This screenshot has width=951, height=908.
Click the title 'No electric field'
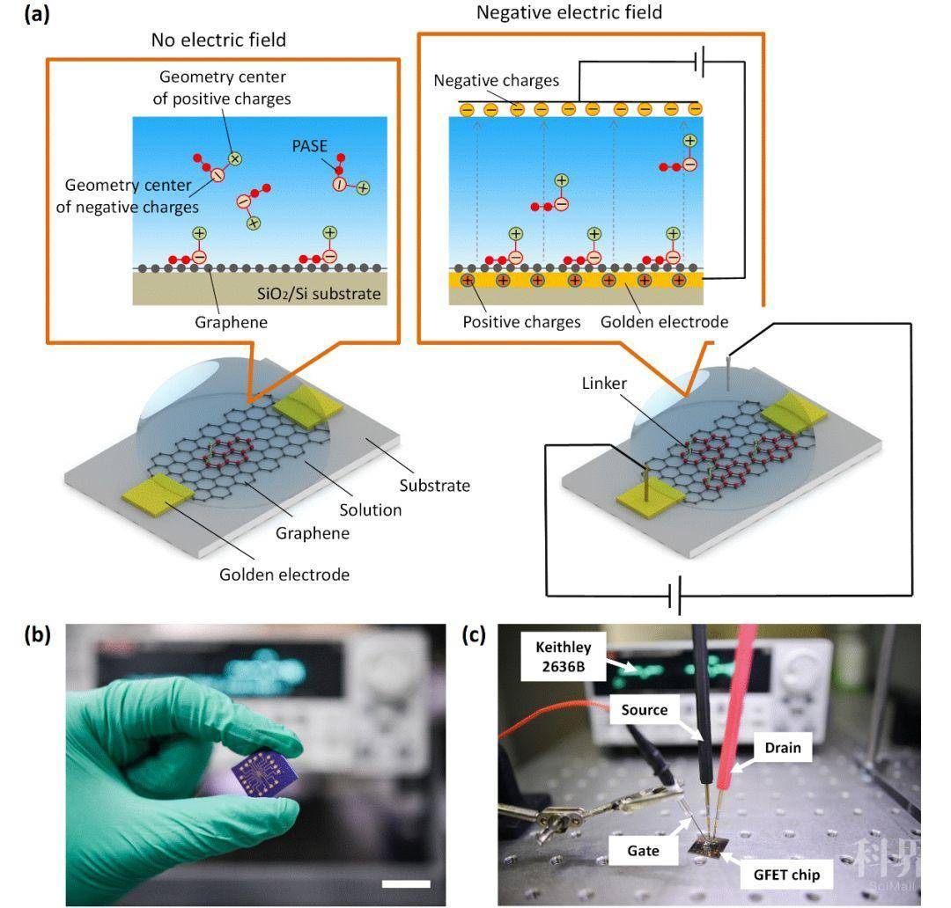(x=218, y=40)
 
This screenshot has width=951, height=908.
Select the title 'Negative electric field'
(x=569, y=12)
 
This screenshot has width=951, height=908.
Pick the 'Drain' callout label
(x=782, y=747)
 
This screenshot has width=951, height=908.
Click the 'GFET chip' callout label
(x=786, y=875)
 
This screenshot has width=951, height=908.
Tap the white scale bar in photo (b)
(x=407, y=882)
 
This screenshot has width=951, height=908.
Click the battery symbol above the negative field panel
(x=702, y=62)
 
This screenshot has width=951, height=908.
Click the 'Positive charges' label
(x=521, y=322)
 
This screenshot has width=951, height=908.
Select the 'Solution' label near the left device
(x=372, y=509)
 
